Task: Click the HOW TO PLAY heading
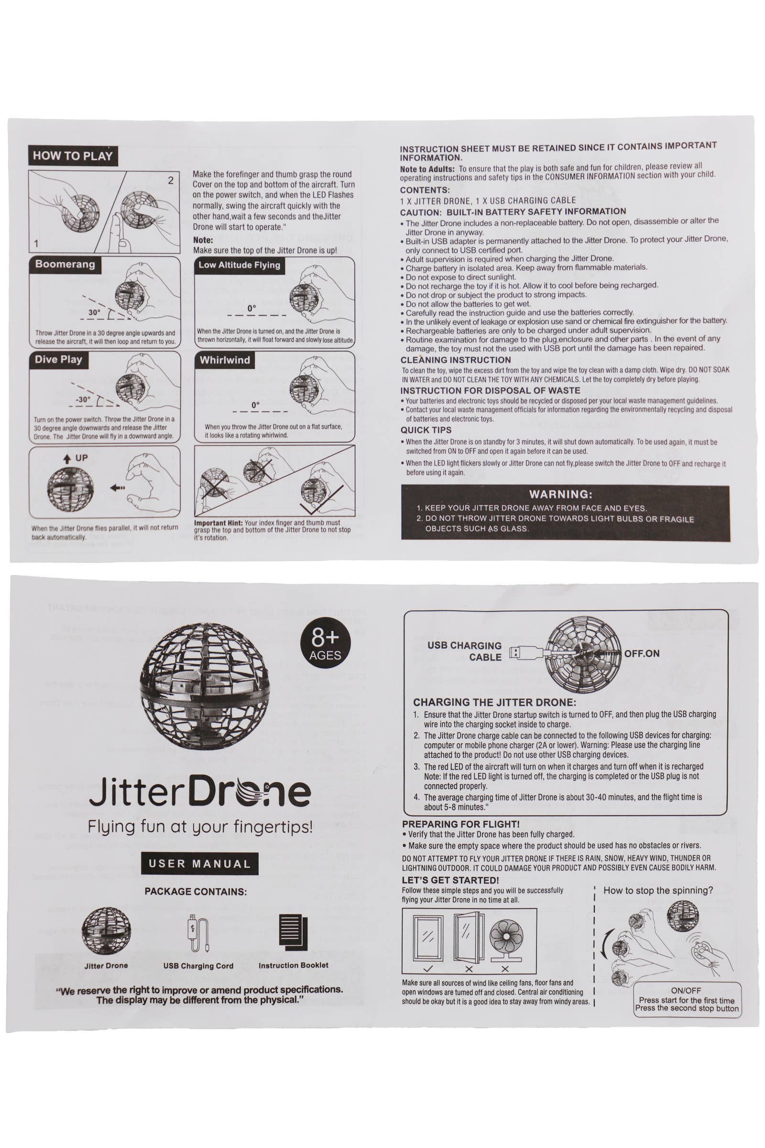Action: point(73,156)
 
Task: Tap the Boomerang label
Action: point(65,265)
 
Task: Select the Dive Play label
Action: point(58,360)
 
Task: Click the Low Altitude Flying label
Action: point(239,265)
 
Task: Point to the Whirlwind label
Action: point(224,360)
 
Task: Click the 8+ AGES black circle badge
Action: point(325,643)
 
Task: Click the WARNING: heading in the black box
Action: point(560,494)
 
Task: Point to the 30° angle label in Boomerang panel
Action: point(94,312)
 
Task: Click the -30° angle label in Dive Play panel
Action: point(83,399)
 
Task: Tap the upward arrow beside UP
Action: point(66,459)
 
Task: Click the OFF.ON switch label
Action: point(642,653)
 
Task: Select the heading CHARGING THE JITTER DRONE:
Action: point(494,702)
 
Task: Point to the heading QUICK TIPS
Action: point(426,430)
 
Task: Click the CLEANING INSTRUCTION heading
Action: point(456,360)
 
